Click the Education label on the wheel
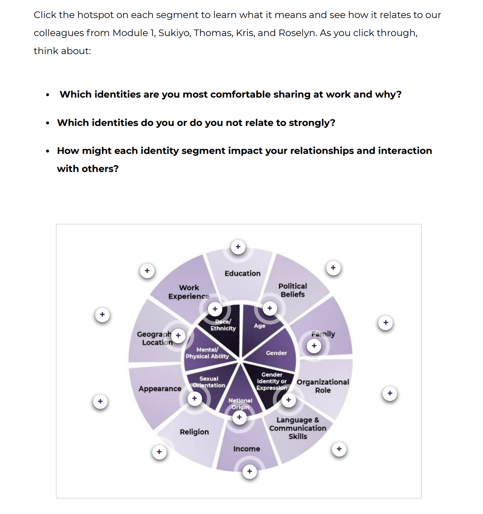[242, 273]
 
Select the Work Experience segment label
[189, 292]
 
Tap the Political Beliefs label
[293, 290]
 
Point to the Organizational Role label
[323, 386]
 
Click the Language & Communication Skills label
[297, 428]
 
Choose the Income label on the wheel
[247, 448]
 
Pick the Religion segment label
[194, 432]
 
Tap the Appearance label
[160, 388]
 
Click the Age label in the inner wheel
[260, 326]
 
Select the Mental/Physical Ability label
[207, 353]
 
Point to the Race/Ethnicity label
[223, 325]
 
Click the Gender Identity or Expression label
[272, 381]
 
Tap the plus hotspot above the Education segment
[238, 247]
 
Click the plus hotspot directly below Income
[250, 471]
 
